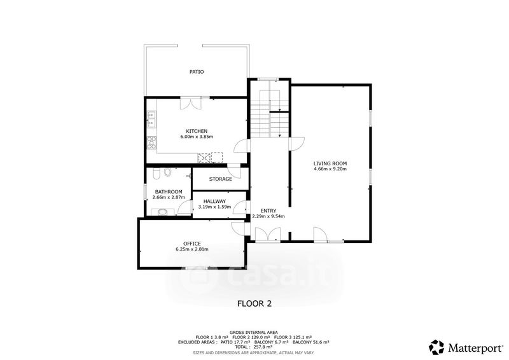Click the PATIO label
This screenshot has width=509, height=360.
(197, 72)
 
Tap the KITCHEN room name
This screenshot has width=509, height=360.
(197, 131)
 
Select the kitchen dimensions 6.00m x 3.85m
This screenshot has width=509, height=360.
(197, 137)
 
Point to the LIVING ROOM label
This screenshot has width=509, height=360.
(330, 163)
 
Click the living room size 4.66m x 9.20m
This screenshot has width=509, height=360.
(330, 169)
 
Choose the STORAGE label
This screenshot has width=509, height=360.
(220, 179)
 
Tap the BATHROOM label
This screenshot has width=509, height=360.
(169, 192)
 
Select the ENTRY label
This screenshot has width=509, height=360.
(268, 211)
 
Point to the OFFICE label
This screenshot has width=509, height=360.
(192, 244)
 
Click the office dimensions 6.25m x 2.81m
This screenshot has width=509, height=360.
(192, 249)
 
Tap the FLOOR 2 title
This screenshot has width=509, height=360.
(254, 303)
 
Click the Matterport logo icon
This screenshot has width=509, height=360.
(436, 347)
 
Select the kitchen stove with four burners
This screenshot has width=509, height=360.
(151, 142)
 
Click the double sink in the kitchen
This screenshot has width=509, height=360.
(151, 119)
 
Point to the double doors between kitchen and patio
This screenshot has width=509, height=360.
(191, 104)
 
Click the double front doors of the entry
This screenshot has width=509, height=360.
(268, 234)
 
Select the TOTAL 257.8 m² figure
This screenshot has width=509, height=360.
(254, 347)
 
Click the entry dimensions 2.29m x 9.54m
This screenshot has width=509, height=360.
(268, 216)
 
